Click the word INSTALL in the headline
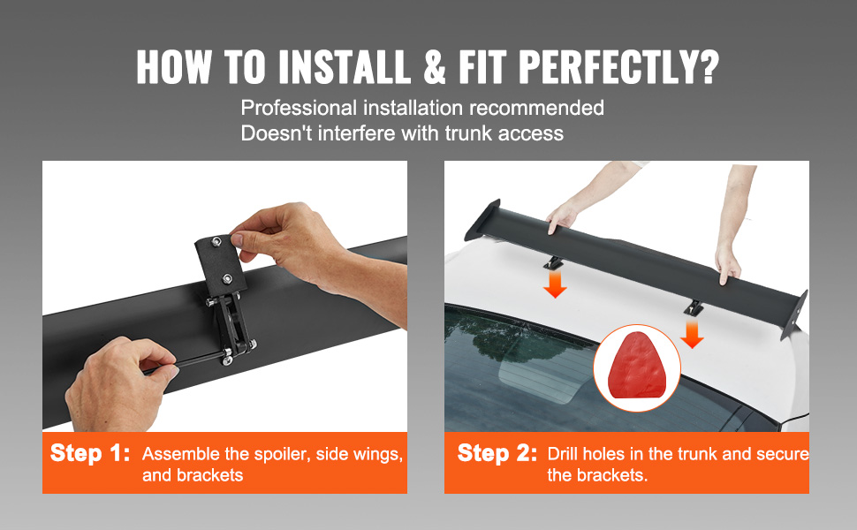click(x=345, y=66)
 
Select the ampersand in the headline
click(x=435, y=66)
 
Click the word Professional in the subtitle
click(x=299, y=108)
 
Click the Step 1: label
click(x=90, y=453)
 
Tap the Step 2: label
click(x=497, y=453)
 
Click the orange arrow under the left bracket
click(x=556, y=285)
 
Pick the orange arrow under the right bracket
click(x=692, y=335)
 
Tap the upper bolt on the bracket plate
click(x=217, y=241)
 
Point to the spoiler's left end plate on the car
click(x=482, y=220)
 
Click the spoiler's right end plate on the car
click(x=794, y=315)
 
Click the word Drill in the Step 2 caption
click(x=563, y=454)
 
